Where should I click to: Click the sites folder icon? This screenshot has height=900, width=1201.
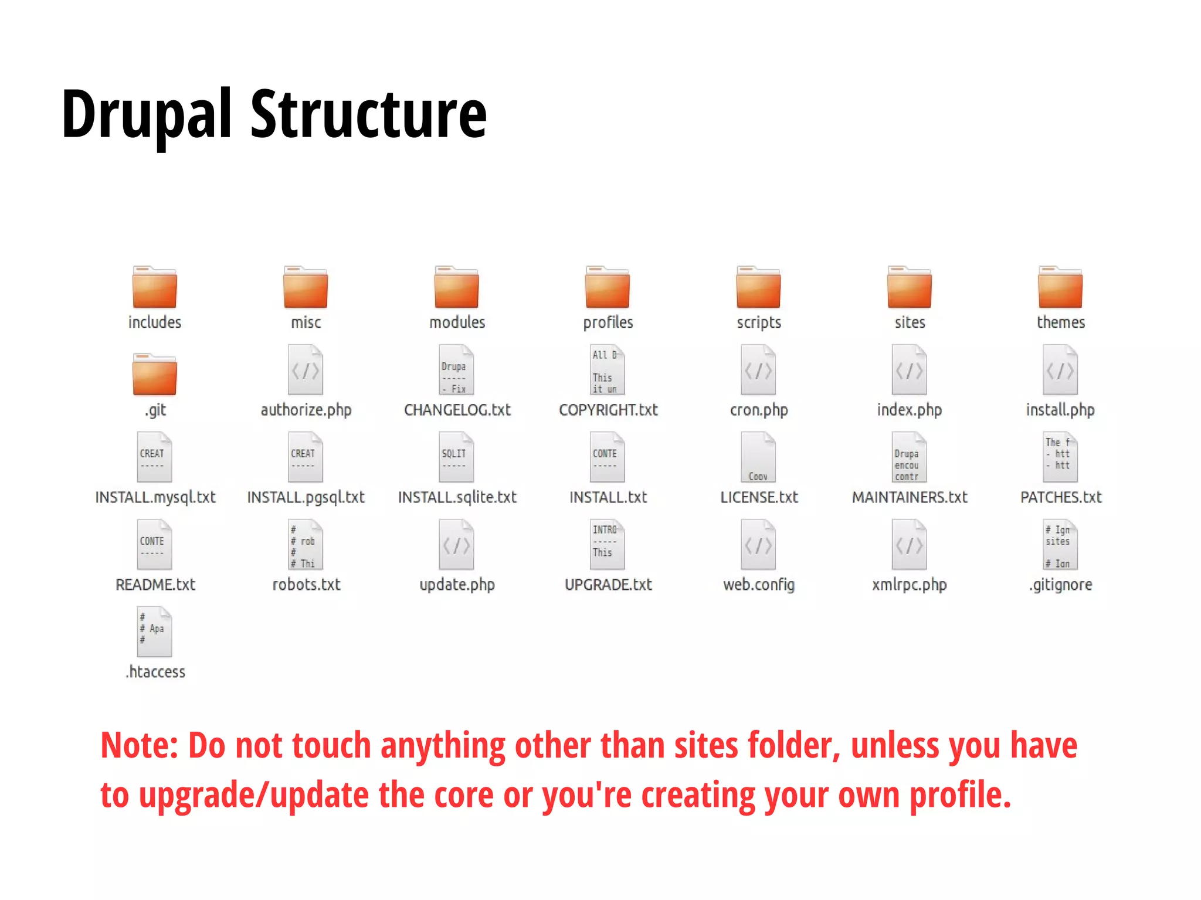click(x=909, y=287)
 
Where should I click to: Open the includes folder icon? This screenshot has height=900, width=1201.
click(x=155, y=287)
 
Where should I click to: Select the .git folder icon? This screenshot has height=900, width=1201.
click(x=155, y=375)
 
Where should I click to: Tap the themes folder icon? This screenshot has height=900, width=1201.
click(x=1060, y=287)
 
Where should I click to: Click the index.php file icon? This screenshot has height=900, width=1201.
click(x=909, y=370)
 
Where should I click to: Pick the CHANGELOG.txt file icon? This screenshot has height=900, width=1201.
click(x=457, y=370)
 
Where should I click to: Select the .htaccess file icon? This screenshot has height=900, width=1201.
click(x=155, y=631)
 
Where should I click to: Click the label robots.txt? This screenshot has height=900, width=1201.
click(x=306, y=585)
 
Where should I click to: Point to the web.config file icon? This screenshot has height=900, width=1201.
click(x=758, y=545)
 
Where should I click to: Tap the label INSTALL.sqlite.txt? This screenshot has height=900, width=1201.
click(x=457, y=497)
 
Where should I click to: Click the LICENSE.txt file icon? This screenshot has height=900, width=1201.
click(x=758, y=457)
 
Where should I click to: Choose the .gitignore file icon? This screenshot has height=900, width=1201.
click(x=1060, y=545)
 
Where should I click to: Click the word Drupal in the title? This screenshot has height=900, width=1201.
click(x=147, y=114)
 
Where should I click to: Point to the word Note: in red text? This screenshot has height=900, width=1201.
click(x=139, y=746)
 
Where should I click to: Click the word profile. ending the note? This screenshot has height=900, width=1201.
click(x=960, y=796)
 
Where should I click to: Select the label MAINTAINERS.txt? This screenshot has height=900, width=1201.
click(x=909, y=497)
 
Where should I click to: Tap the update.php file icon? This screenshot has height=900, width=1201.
click(x=457, y=545)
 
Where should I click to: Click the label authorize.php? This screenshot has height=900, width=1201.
click(x=306, y=410)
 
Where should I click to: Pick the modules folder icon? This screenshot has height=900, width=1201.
click(x=457, y=287)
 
